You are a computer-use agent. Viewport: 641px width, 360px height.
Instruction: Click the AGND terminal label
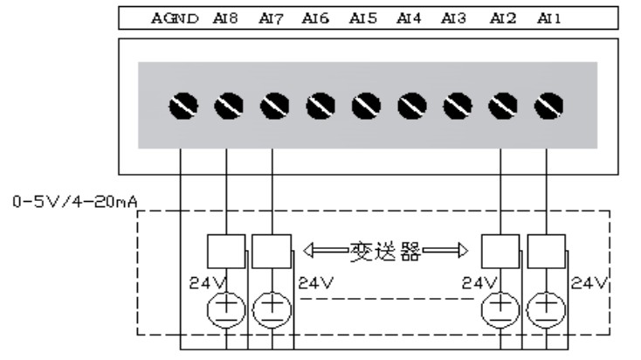176,17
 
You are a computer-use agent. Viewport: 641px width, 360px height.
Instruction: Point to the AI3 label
453,17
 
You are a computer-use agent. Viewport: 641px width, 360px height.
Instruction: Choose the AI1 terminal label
548,17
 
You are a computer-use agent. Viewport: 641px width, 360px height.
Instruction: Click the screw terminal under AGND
181,106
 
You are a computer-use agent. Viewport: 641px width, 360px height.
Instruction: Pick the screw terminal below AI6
320,106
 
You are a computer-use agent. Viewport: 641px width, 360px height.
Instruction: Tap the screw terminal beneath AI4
411,106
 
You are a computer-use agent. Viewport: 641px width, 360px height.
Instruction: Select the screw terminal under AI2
502,106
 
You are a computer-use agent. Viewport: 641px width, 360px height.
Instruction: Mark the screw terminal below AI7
273,106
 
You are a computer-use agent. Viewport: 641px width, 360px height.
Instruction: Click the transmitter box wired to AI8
226,253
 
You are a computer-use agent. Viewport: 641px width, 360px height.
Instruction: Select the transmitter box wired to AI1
547,253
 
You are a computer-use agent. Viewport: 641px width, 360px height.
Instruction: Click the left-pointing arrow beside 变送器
324,253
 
